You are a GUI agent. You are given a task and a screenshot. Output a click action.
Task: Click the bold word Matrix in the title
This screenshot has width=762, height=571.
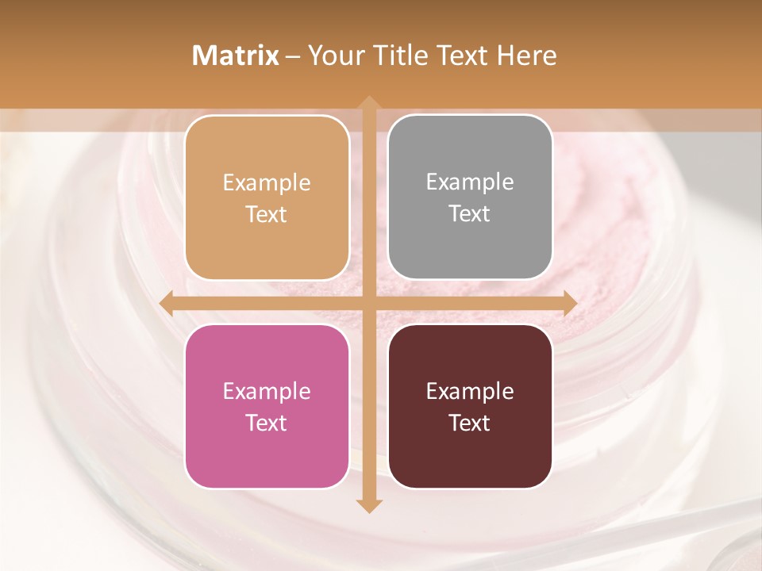pos(235,56)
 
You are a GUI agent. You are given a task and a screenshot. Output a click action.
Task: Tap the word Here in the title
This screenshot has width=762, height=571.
pos(526,56)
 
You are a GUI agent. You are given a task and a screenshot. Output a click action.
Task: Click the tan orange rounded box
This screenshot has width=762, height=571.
pos(267,197)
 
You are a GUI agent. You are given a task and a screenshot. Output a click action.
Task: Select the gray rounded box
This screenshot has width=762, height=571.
pos(470,197)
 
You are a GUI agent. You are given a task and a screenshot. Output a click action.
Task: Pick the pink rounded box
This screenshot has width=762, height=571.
pos(267,406)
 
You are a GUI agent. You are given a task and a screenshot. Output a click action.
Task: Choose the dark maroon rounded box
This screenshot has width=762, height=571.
pos(470,406)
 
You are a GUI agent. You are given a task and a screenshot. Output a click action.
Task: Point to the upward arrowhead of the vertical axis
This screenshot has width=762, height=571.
pos(368,103)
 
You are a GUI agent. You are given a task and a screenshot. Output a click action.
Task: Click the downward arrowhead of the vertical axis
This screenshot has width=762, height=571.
pos(368,506)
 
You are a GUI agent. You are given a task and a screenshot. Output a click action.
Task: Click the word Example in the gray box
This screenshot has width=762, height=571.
pos(470,182)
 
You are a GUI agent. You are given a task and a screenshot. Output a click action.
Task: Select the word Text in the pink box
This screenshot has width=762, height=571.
pos(267,423)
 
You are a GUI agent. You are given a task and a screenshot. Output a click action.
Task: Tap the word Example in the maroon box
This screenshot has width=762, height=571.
pos(470,391)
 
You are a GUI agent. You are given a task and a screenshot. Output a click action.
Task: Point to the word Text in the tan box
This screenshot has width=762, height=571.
pos(267,214)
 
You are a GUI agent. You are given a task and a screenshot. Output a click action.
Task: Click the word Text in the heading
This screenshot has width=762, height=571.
pos(460,56)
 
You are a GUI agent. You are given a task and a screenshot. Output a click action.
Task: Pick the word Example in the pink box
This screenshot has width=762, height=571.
pos(267,391)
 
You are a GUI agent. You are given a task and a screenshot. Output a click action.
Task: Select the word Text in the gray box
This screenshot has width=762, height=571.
pos(470,214)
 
